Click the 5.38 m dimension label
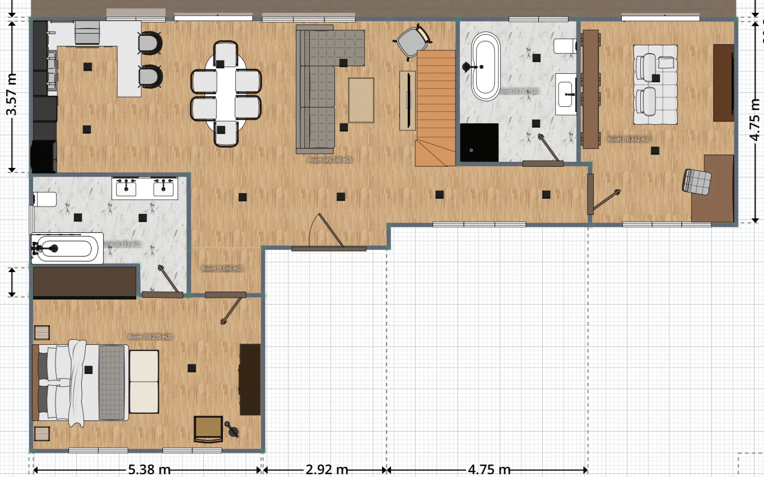150,469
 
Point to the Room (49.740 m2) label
330,160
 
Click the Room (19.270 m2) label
150,337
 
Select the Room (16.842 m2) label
628,139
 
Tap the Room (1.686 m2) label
222,269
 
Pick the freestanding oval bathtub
486,66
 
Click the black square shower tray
479,142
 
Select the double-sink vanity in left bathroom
145,188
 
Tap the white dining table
226,94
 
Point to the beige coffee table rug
361,100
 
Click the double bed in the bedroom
81,382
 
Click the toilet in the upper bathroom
565,45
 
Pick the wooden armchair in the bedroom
208,429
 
